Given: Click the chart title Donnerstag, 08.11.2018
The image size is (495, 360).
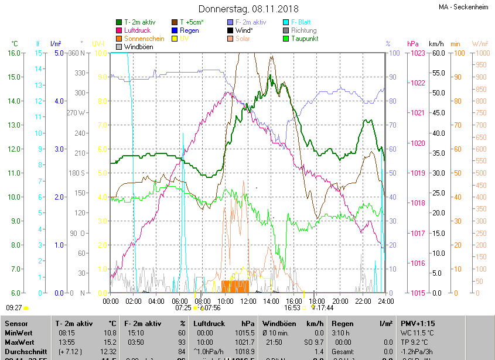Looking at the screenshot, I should pos(248,9).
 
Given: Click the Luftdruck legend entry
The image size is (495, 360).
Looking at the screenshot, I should pos(137,30).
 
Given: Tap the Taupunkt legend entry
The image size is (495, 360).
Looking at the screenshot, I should pos(305,39).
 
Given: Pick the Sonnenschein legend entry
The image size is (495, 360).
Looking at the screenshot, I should pos(144,39).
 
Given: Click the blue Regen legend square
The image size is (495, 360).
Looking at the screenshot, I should pos(175,30).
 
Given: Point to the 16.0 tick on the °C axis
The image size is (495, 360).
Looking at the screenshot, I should pos(14,53).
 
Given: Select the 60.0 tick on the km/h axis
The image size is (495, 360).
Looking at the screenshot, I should pos(438,53).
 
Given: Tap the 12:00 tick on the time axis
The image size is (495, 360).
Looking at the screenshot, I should pos(248,301).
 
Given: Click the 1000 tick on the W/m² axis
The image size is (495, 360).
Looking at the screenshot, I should pos(480,53).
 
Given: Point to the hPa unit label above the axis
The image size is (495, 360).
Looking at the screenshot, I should pos(413,44).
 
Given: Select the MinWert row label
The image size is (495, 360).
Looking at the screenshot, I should pos(19,332).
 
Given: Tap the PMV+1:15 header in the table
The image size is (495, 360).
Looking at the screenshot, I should pos(418,323).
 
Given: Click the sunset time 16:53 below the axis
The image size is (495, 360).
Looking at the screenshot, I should pos(292,307).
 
